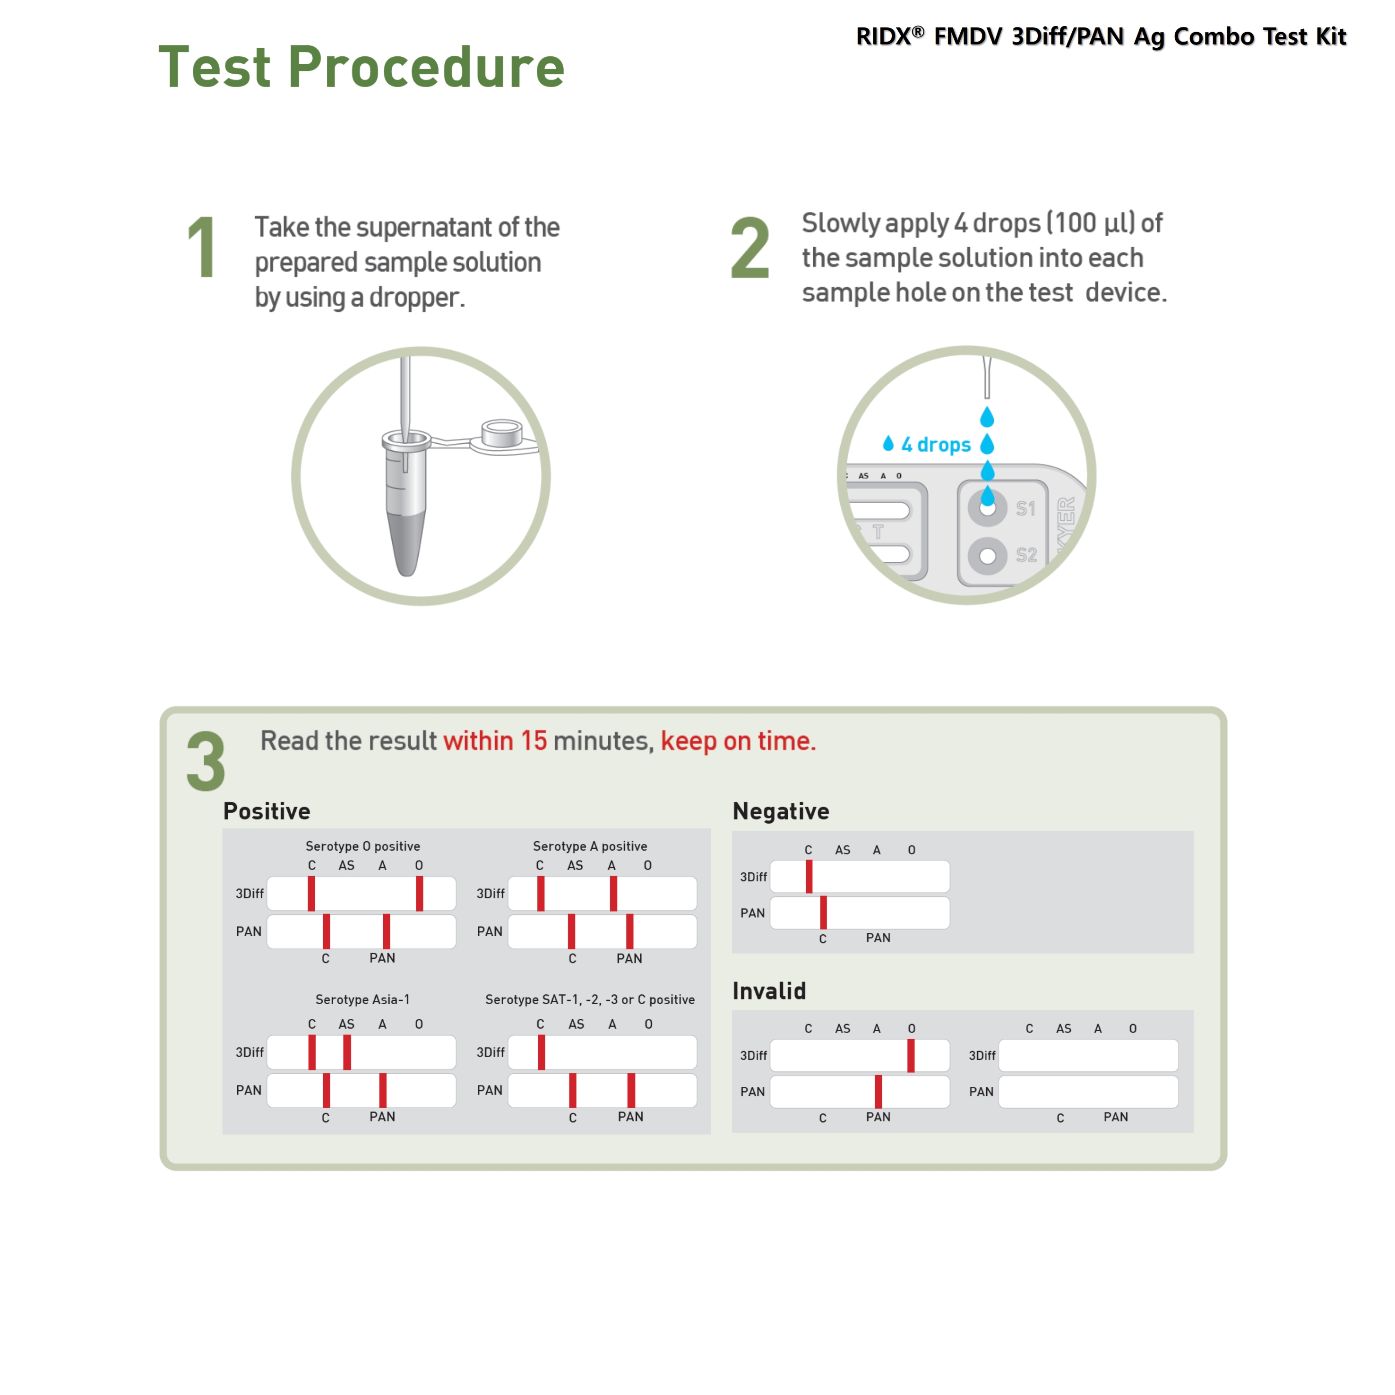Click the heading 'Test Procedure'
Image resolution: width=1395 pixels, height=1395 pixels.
pos(361,67)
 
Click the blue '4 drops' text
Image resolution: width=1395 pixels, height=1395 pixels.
pos(935,445)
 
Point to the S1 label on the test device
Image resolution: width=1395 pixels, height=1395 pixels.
pos(1025,509)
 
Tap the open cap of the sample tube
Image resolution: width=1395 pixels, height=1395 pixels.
pos(502,435)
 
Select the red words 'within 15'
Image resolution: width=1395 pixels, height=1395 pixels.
pos(495,741)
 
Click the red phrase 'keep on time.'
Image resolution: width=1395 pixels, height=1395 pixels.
pos(738,741)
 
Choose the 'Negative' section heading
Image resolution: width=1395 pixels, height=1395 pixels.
pos(781,811)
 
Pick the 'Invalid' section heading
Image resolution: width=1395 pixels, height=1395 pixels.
pos(769,990)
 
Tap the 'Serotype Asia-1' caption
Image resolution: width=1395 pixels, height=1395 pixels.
pos(362,999)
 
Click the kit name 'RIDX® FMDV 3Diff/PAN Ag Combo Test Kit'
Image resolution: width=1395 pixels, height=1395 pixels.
pos(1101,36)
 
